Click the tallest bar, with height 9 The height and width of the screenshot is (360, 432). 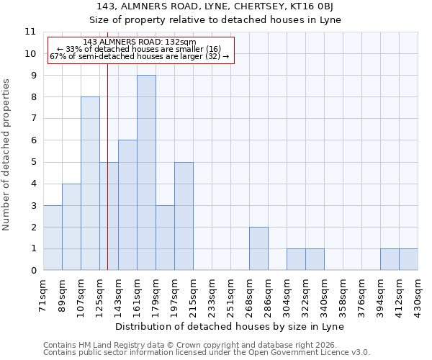(x=146, y=173)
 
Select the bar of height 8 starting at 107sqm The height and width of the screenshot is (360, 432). (x=90, y=184)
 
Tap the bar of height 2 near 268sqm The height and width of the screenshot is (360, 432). (x=258, y=248)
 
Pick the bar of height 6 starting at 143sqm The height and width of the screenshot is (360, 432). (x=127, y=205)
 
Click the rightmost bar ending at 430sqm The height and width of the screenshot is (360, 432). (x=408, y=260)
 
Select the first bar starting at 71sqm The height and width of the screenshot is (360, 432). (x=53, y=238)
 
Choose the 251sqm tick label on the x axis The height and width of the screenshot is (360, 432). (x=230, y=294)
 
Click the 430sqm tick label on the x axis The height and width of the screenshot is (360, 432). (x=418, y=294)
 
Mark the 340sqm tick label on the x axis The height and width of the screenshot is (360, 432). (x=324, y=294)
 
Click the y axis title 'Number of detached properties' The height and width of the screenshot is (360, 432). (x=7, y=155)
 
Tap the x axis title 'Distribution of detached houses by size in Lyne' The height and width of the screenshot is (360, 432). (x=230, y=326)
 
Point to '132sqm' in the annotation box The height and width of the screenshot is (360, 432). (x=180, y=42)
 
